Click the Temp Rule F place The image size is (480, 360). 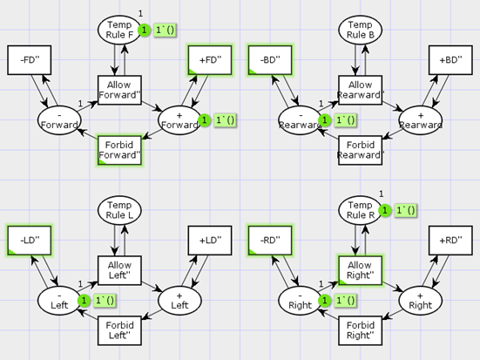pyautogui.click(x=119, y=30)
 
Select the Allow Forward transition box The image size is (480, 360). pyautogui.click(x=119, y=90)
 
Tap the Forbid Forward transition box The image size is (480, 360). pyautogui.click(x=119, y=150)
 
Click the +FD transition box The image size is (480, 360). pyautogui.click(x=210, y=60)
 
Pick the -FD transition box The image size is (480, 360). pyautogui.click(x=30, y=60)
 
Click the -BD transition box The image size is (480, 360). pyautogui.click(x=270, y=60)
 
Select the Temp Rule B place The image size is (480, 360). pyautogui.click(x=361, y=30)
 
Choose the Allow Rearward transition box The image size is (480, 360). pyautogui.click(x=361, y=90)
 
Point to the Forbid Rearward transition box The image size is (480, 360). pyautogui.click(x=361, y=150)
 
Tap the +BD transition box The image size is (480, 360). pyautogui.click(x=450, y=60)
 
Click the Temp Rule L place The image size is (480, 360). pyautogui.click(x=119, y=210)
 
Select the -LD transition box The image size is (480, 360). pyautogui.click(x=30, y=241)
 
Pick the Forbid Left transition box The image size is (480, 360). pyautogui.click(x=119, y=330)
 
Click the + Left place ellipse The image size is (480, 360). pyautogui.click(x=179, y=301)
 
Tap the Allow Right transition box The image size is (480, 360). pyautogui.click(x=361, y=270)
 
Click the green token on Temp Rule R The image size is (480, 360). pyautogui.click(x=385, y=210)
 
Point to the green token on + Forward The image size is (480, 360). pyautogui.click(x=204, y=120)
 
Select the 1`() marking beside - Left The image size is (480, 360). pyautogui.click(x=105, y=301)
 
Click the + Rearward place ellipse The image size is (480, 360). pyautogui.click(x=421, y=120)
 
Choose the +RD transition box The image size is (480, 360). pyautogui.click(x=450, y=241)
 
